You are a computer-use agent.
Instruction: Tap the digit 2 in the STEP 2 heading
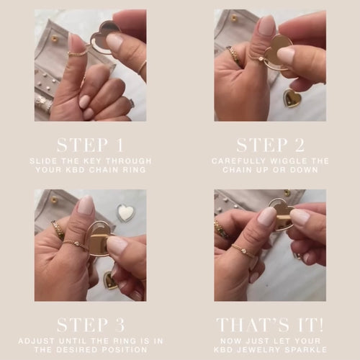[299, 145]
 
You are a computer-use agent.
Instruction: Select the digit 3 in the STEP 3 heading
[120, 325]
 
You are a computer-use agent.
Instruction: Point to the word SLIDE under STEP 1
[40, 161]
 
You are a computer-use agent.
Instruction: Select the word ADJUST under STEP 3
[36, 341]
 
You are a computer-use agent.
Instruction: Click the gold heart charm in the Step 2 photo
[292, 99]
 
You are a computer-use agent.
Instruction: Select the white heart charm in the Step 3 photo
[125, 212]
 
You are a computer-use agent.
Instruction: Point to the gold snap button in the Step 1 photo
[55, 38]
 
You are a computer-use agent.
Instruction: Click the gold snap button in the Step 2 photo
[234, 18]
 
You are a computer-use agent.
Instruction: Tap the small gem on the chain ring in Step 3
[77, 244]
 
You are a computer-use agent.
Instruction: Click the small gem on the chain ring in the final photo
[243, 251]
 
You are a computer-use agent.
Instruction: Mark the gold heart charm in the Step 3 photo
[111, 281]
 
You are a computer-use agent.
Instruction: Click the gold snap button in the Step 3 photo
[55, 199]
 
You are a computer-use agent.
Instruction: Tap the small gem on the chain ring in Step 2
[261, 58]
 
